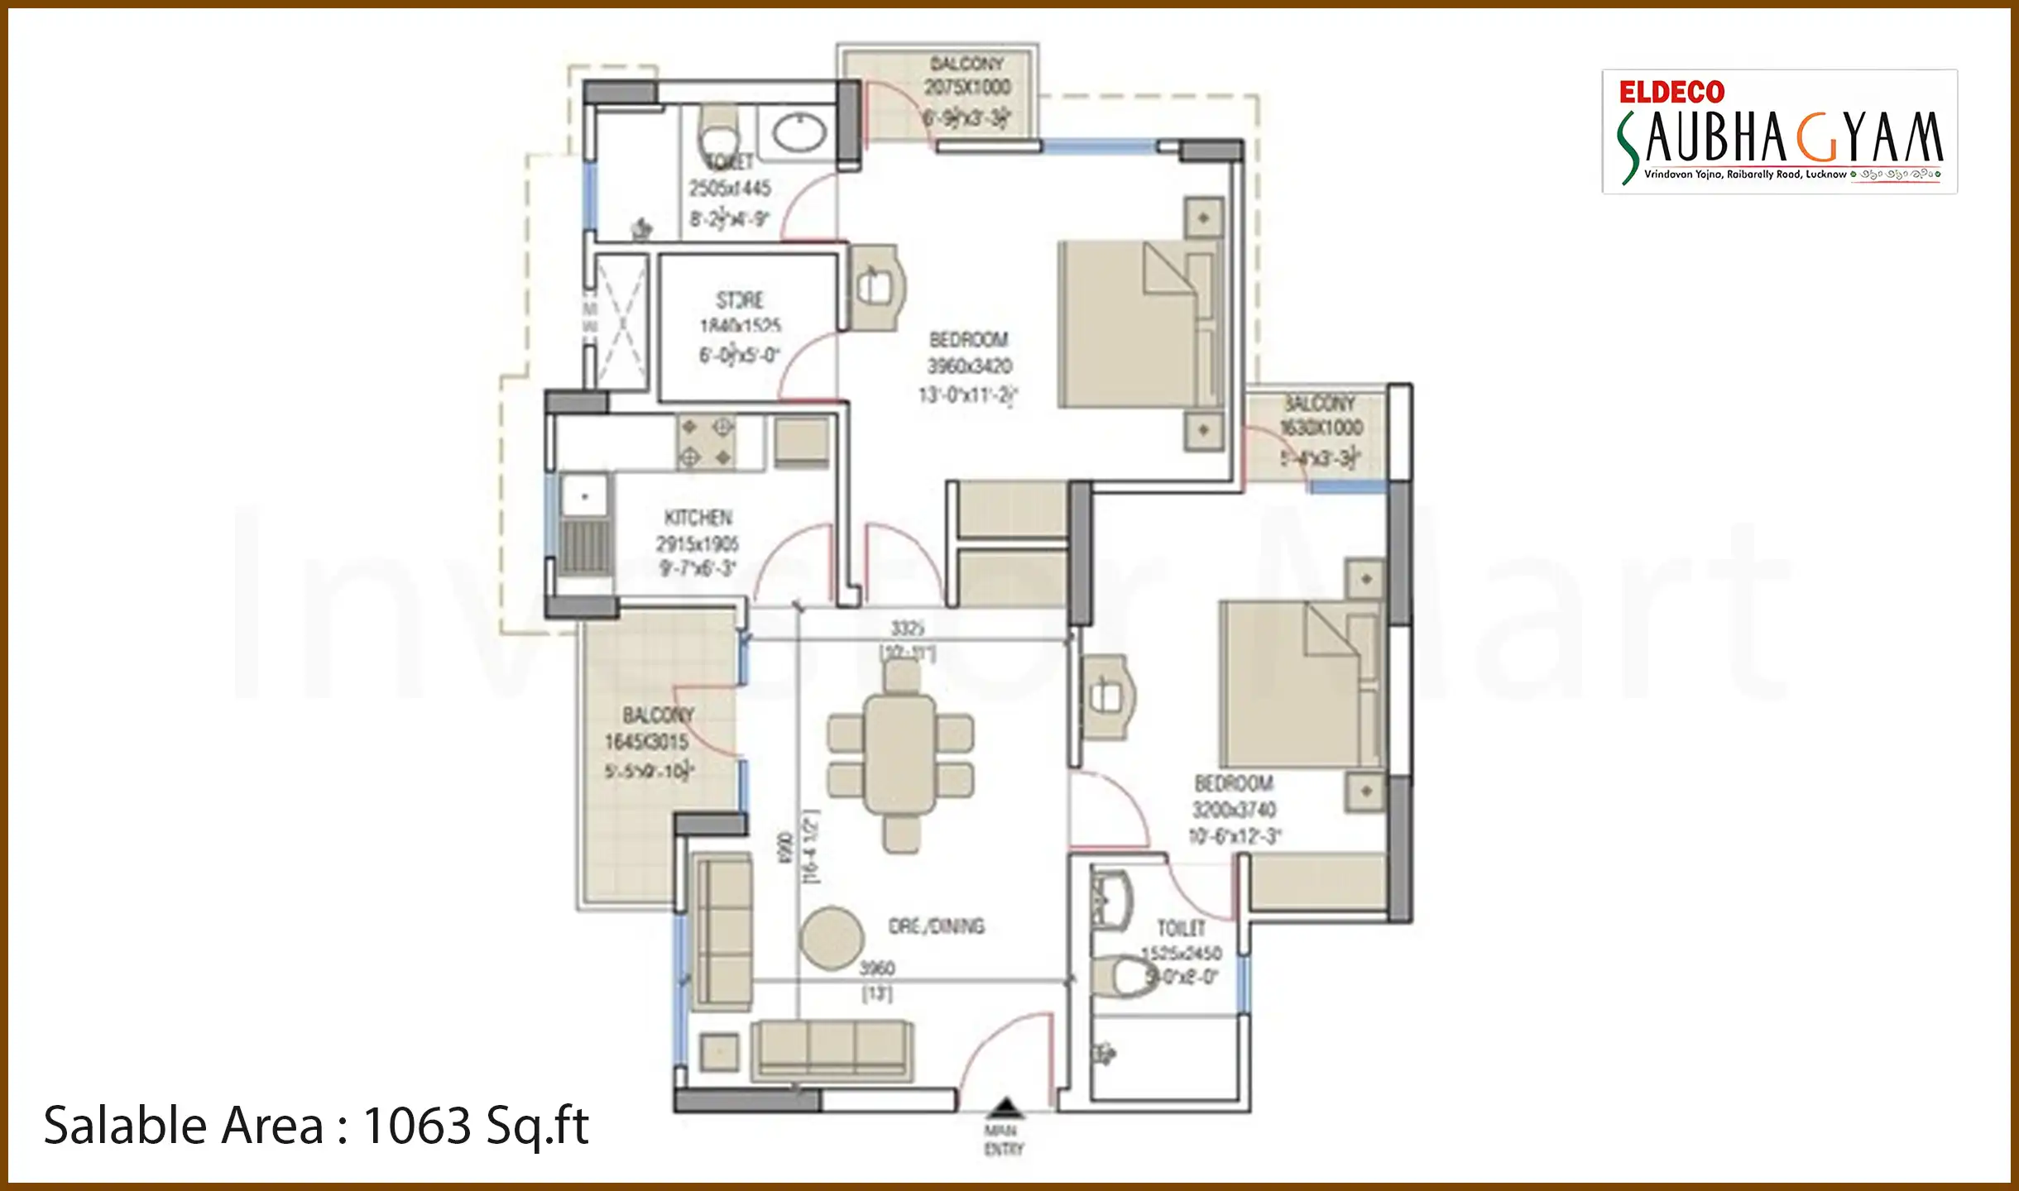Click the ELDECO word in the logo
pyautogui.click(x=1671, y=92)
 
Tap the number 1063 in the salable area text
pyautogui.click(x=417, y=1126)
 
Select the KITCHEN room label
pyautogui.click(x=698, y=518)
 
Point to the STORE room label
pyautogui.click(x=740, y=299)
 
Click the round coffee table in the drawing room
pyautogui.click(x=832, y=938)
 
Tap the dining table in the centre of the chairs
pyautogui.click(x=900, y=754)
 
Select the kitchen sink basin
pyautogui.click(x=585, y=497)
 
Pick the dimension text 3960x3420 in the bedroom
pyautogui.click(x=969, y=366)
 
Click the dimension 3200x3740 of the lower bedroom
pyautogui.click(x=1234, y=810)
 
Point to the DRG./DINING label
pyautogui.click(x=936, y=926)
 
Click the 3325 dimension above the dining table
pyautogui.click(x=907, y=629)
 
